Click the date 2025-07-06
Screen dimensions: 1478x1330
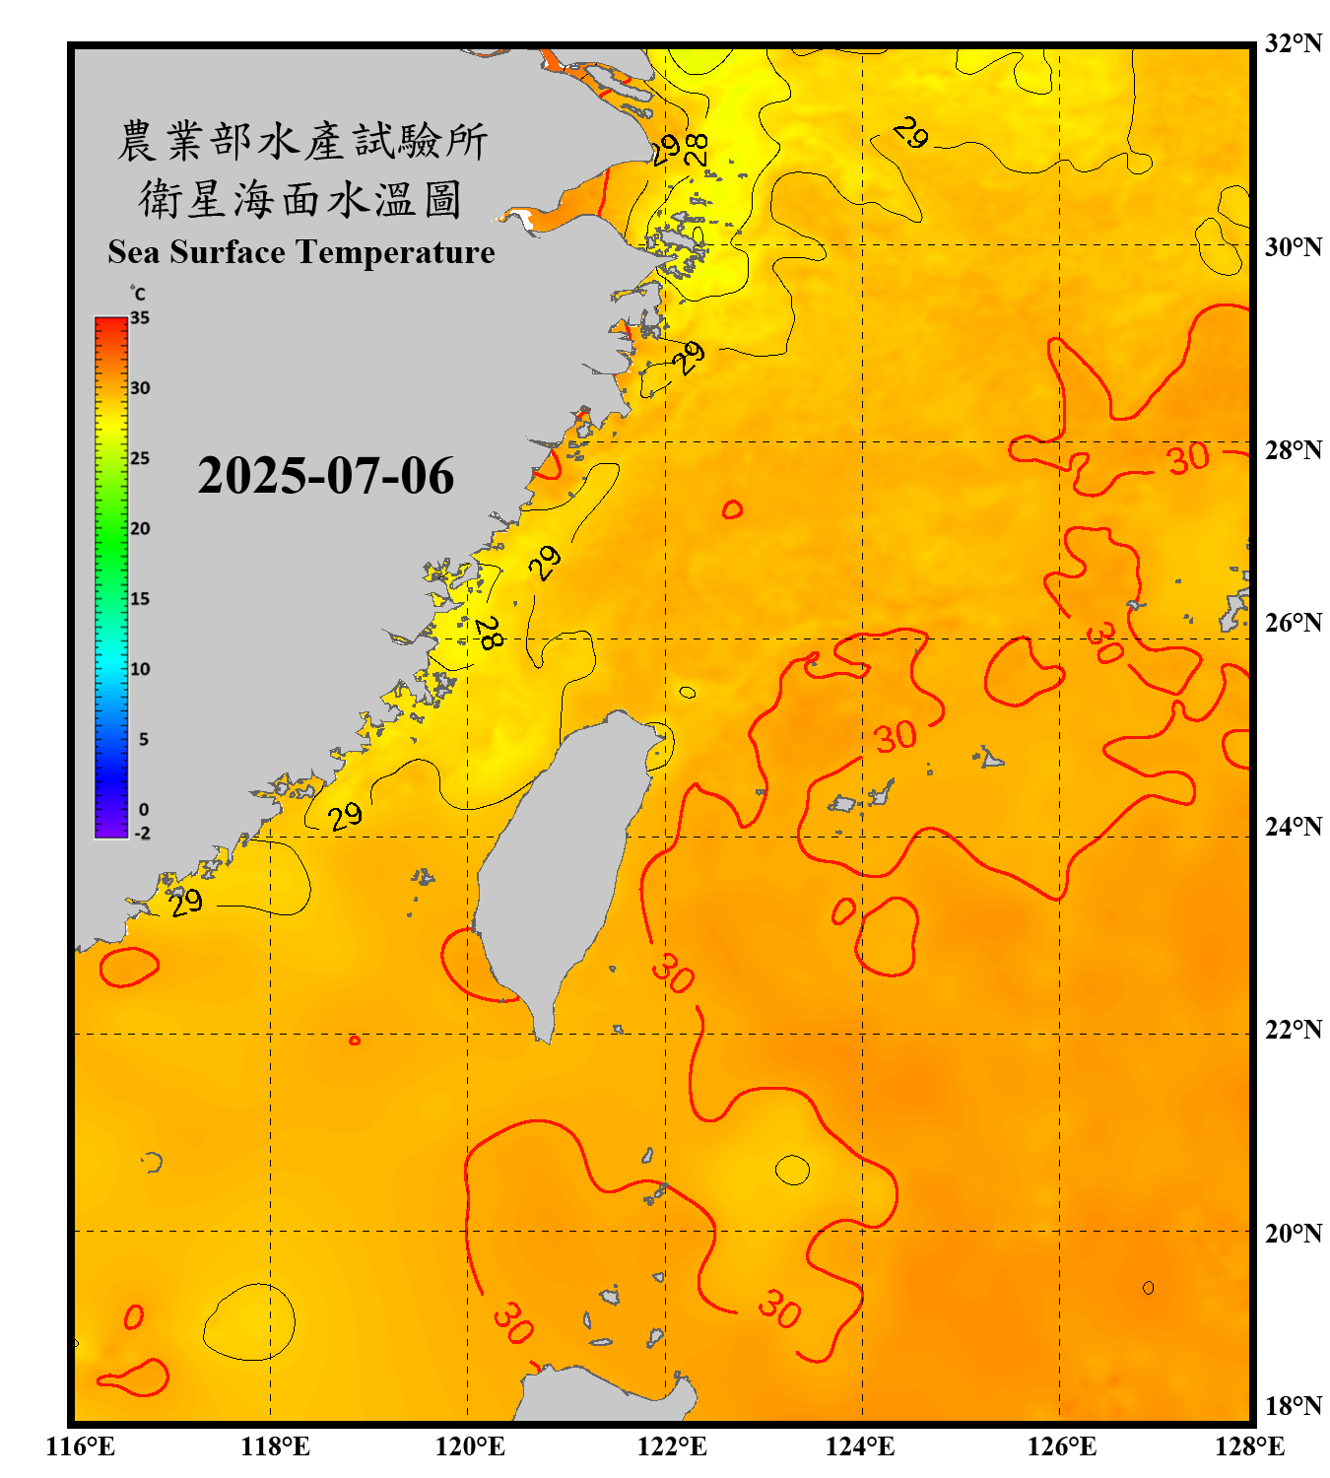click(x=325, y=476)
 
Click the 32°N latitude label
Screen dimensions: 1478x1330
click(x=1293, y=43)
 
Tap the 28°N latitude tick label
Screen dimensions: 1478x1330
click(x=1293, y=450)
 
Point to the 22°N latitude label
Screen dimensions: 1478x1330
click(x=1293, y=1030)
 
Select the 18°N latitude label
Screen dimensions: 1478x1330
click(x=1293, y=1406)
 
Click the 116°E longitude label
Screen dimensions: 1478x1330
click(x=80, y=1446)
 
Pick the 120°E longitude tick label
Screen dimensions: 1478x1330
click(x=470, y=1446)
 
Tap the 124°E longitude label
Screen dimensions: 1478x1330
click(x=859, y=1446)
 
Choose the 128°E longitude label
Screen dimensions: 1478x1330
click(x=1249, y=1446)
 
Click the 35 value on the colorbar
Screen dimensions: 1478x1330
click(x=140, y=318)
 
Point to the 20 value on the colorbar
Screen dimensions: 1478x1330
click(x=140, y=529)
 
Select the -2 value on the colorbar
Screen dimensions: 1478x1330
click(x=142, y=834)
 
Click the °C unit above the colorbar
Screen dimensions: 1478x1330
click(x=138, y=294)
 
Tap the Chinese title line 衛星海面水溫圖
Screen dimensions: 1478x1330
click(x=300, y=199)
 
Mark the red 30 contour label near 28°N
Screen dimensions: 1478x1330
click(x=1188, y=458)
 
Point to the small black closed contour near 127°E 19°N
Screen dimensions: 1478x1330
click(x=1149, y=1288)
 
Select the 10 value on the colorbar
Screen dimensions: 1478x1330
click(x=140, y=670)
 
